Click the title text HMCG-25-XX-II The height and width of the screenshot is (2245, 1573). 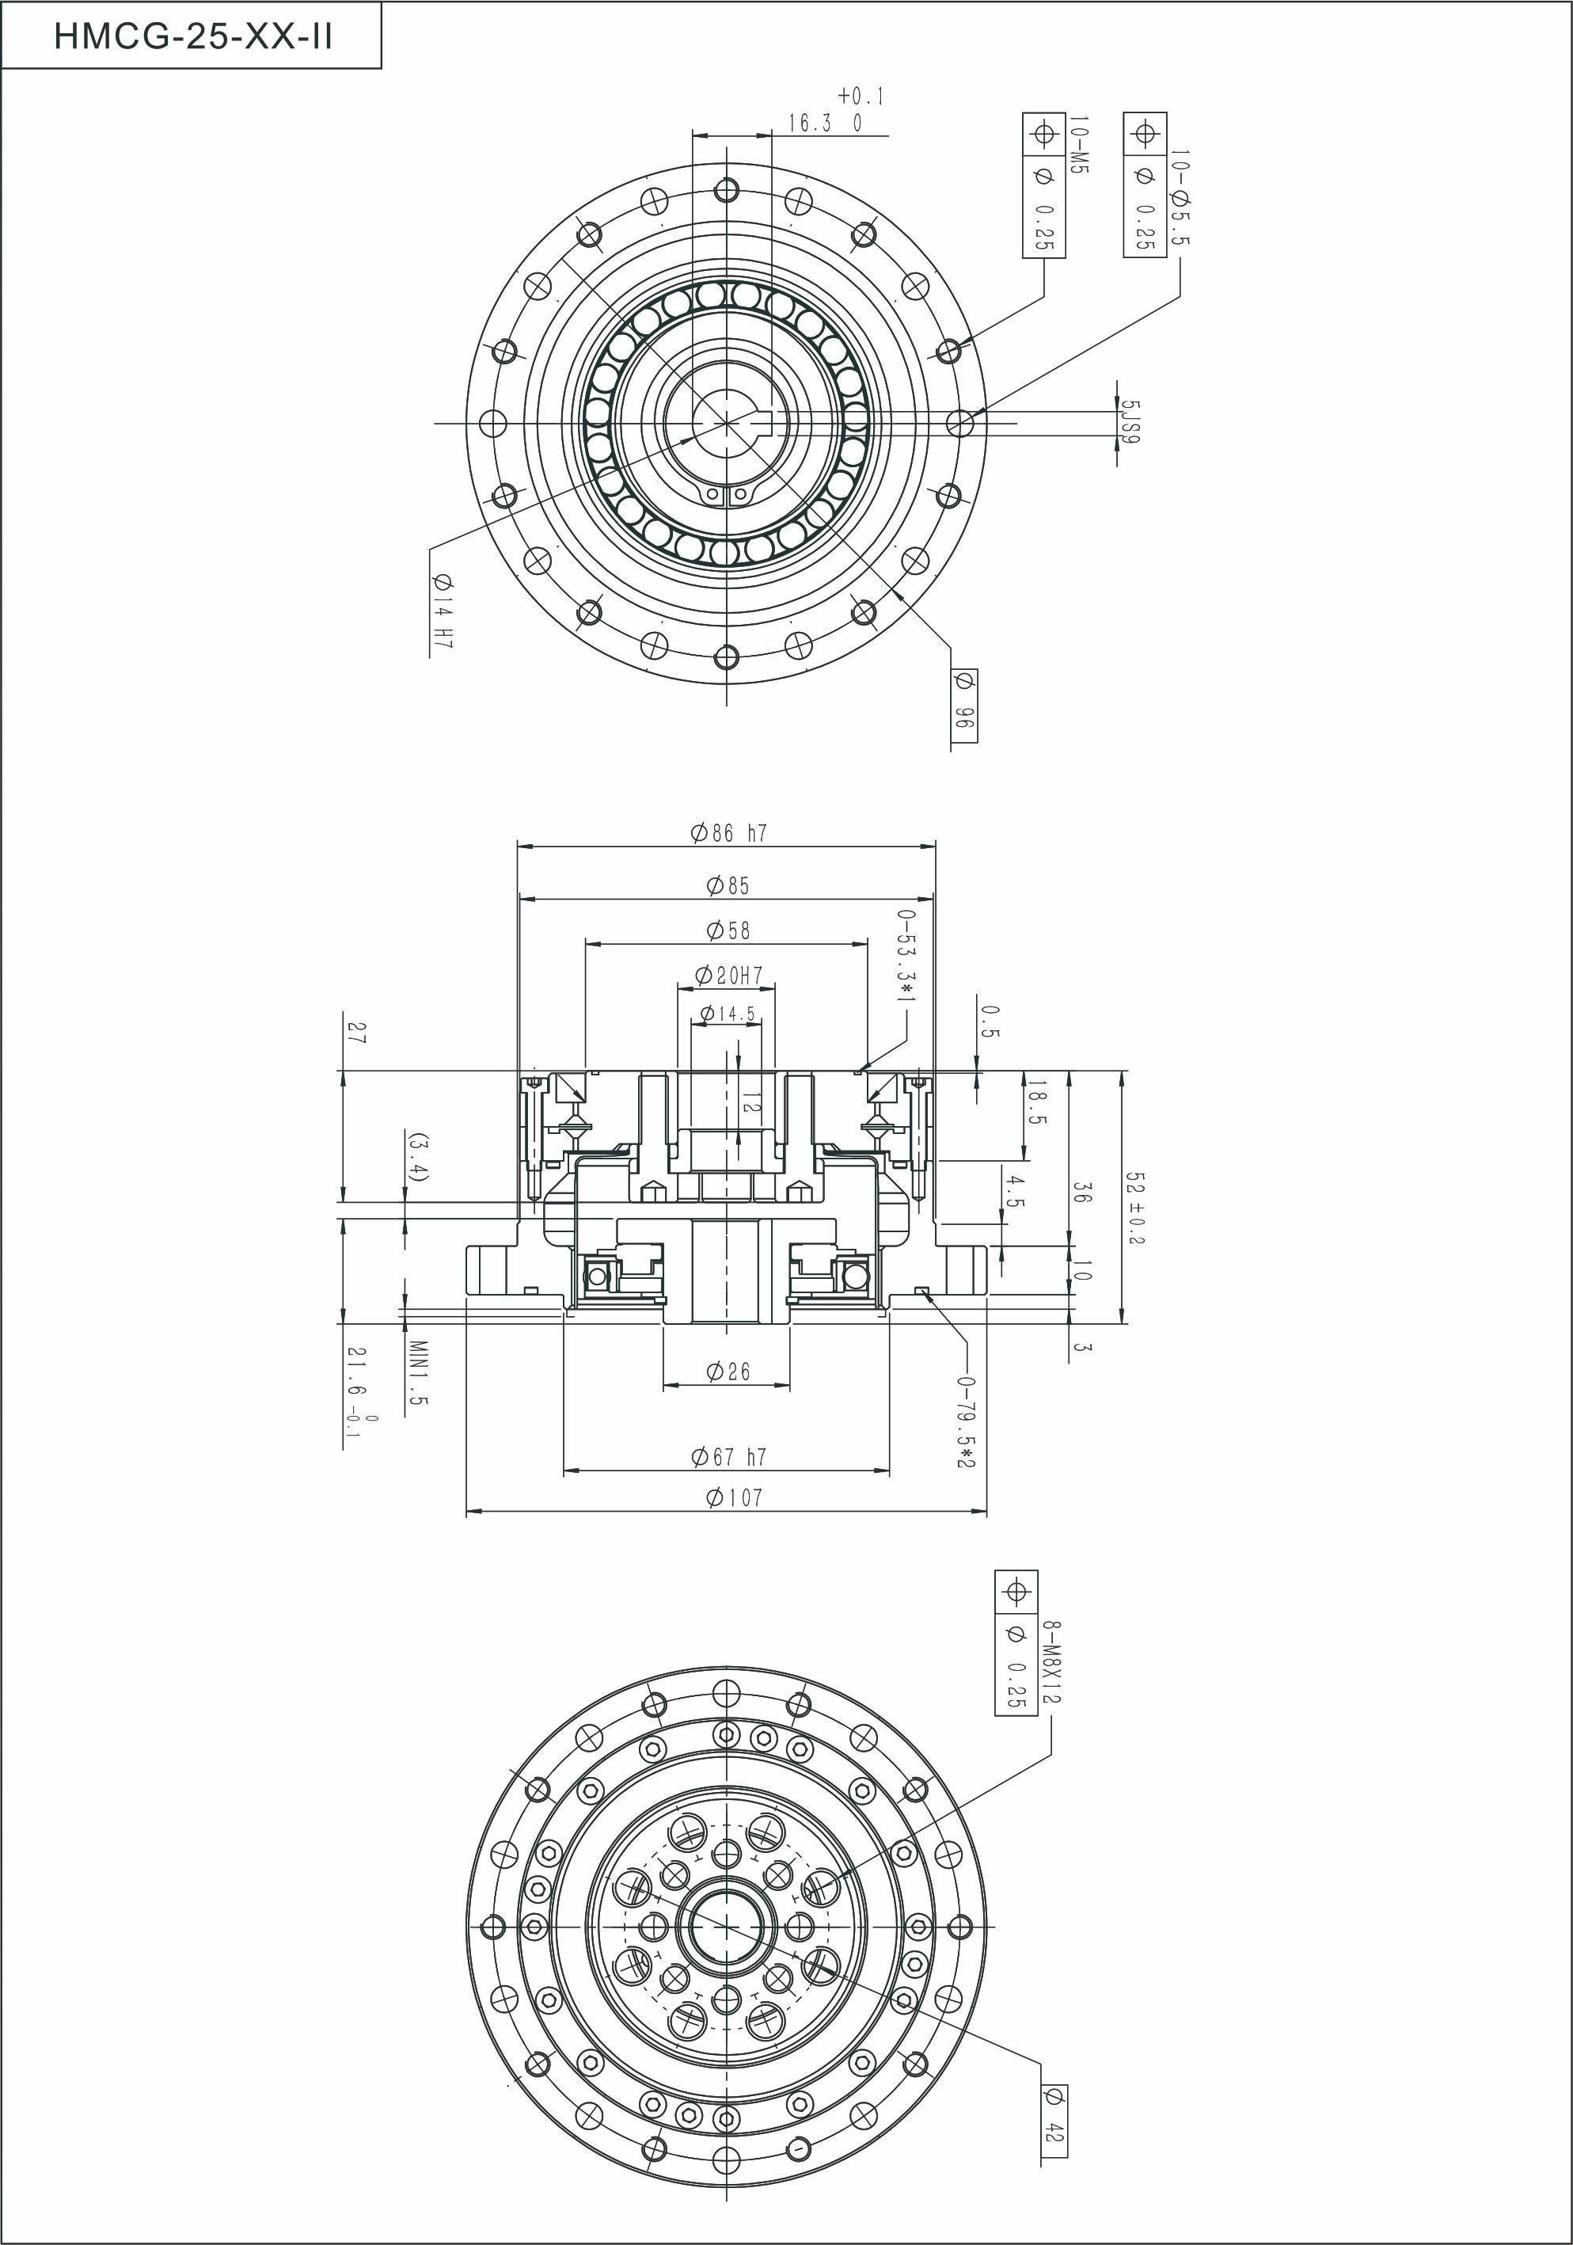pyautogui.click(x=192, y=36)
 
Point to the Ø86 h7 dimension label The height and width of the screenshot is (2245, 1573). pyautogui.click(x=728, y=833)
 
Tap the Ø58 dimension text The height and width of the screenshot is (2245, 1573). pyautogui.click(x=728, y=930)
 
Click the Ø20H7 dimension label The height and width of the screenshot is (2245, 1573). pyautogui.click(x=728, y=975)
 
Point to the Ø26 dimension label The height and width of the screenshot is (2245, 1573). pyautogui.click(x=728, y=1372)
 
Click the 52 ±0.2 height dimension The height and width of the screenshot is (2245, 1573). pyautogui.click(x=1134, y=1208)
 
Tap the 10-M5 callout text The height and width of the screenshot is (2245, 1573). pyautogui.click(x=1078, y=146)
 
